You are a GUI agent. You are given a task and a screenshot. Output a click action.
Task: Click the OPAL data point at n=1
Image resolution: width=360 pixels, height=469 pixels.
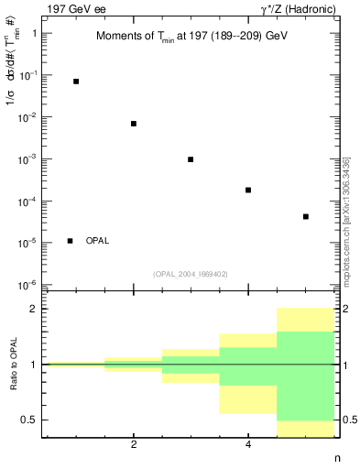(76, 82)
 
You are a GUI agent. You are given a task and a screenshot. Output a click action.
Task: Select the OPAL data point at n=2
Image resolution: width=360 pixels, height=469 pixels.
(134, 124)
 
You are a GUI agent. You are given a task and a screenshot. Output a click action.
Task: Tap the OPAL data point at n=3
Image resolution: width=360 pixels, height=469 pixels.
(191, 159)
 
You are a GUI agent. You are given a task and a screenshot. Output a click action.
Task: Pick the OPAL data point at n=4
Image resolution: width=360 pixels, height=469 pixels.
(248, 190)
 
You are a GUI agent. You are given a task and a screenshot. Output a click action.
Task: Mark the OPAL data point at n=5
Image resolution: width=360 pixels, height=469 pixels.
(305, 217)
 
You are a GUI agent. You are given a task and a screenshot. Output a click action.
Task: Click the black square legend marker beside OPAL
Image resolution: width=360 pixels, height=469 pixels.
(71, 241)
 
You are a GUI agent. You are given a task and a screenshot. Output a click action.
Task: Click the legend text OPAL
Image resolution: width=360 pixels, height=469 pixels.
(97, 241)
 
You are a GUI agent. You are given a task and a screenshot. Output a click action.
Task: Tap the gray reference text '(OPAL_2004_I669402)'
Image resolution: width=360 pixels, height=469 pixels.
(190, 272)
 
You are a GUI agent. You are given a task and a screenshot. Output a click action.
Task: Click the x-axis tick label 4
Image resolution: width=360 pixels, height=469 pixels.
(248, 445)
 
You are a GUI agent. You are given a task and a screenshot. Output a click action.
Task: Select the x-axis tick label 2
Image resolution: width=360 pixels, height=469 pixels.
(134, 445)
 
